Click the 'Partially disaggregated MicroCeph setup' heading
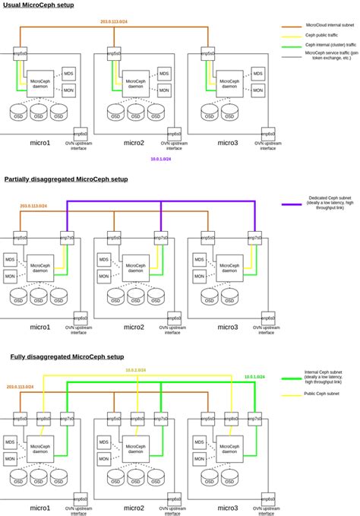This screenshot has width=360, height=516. click(65, 179)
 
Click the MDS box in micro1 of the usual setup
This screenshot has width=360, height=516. click(68, 73)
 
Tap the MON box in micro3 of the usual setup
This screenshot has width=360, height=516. click(258, 90)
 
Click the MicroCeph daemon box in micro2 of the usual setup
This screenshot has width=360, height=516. click(135, 83)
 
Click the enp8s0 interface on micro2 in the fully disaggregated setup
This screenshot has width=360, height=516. click(137, 419)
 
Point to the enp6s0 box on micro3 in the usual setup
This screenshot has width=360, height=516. click(267, 132)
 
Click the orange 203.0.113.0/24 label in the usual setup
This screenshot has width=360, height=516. click(114, 21)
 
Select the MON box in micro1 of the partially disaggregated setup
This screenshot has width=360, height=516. click(10, 275)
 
